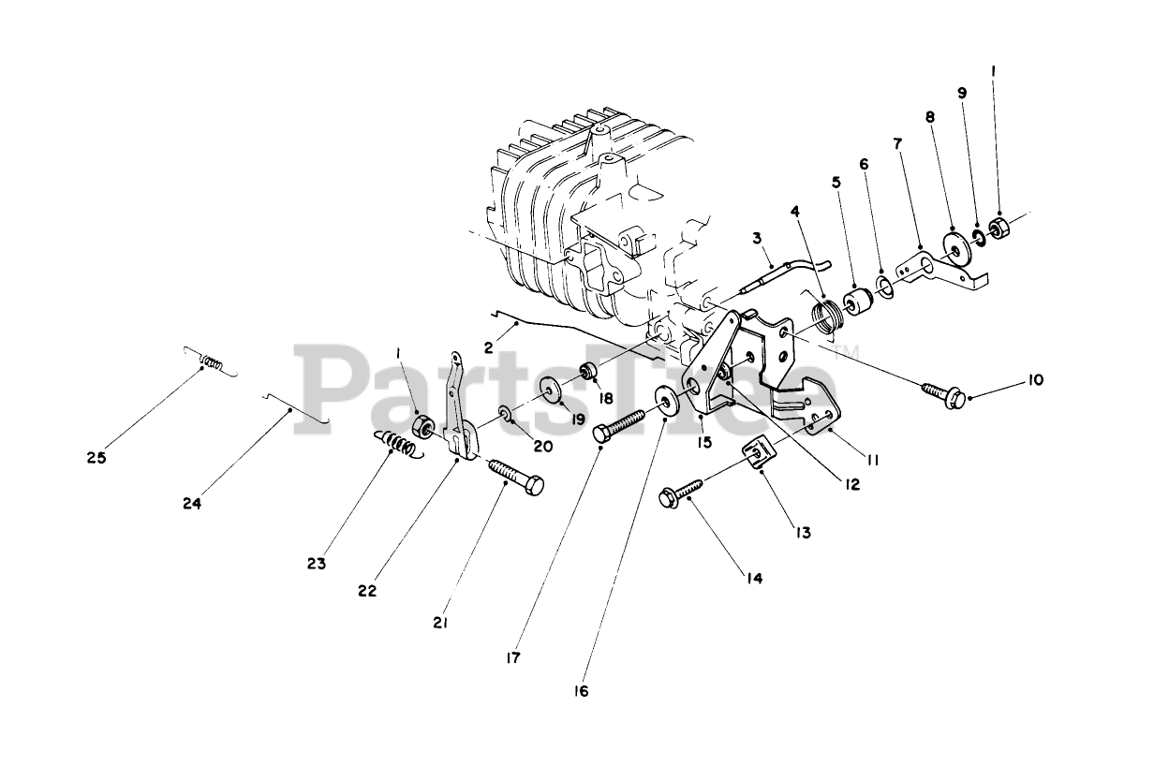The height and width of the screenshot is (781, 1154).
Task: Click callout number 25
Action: pyautogui.click(x=95, y=458)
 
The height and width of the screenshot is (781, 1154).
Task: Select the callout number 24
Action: pyautogui.click(x=192, y=503)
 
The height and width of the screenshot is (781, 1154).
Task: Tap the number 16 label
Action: pyautogui.click(x=582, y=692)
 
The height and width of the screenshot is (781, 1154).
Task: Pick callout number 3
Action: pyautogui.click(x=756, y=239)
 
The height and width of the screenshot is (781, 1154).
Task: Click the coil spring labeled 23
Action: pyautogui.click(x=398, y=443)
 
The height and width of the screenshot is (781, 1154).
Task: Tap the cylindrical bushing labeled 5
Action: pyautogui.click(x=858, y=303)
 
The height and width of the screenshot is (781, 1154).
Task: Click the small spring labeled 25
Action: pyautogui.click(x=212, y=361)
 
